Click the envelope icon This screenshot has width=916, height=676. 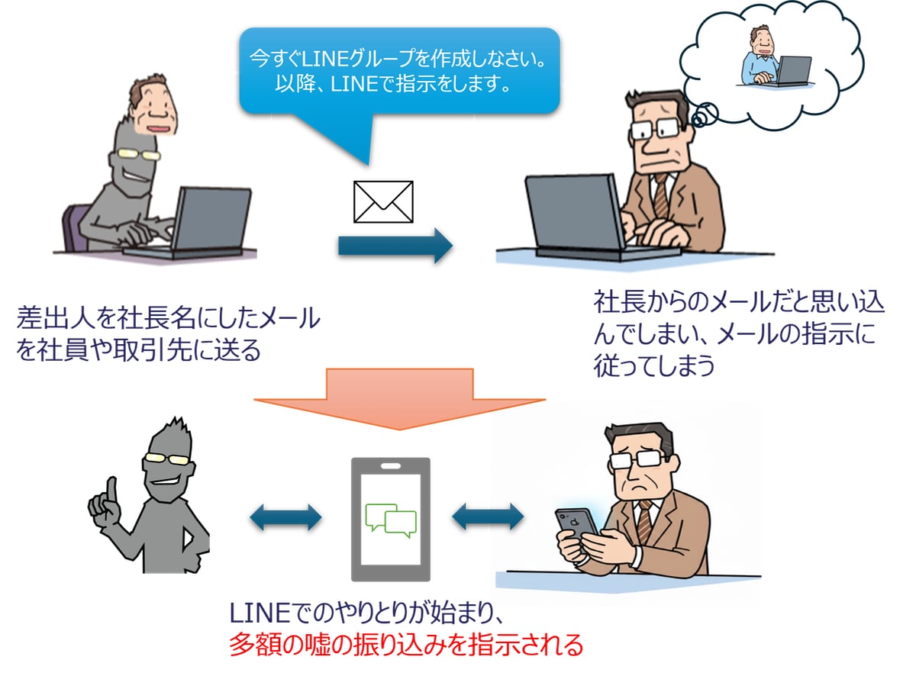[x=383, y=201]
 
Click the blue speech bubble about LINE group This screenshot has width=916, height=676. [x=399, y=71]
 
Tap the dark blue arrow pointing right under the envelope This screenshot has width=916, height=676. [x=395, y=246]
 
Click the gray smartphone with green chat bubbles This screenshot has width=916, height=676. [x=390, y=519]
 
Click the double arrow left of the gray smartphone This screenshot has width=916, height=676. [x=286, y=518]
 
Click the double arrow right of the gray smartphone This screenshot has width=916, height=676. [x=488, y=518]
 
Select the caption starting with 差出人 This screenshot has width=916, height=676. [x=168, y=334]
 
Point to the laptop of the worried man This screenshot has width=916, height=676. [x=572, y=214]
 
